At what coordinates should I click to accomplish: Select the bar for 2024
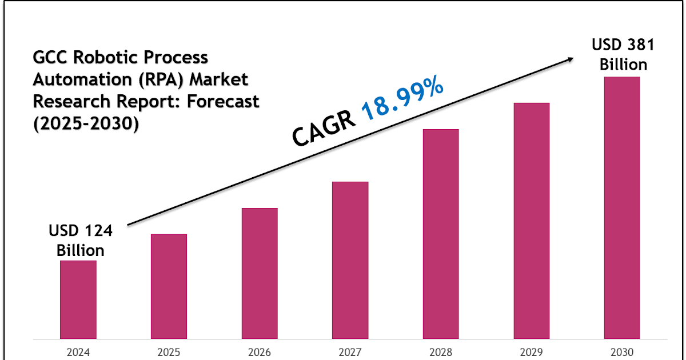(78, 299)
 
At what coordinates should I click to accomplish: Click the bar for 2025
(169, 286)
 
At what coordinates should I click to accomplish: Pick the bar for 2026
(260, 273)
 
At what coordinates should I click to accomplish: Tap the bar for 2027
(350, 260)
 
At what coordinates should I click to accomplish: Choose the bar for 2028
(441, 234)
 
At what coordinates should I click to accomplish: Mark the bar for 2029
(531, 221)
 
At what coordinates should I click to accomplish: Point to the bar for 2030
(622, 207)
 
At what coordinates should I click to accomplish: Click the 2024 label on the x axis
(78, 352)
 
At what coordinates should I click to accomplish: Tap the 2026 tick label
(260, 352)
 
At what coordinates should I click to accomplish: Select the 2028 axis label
(441, 352)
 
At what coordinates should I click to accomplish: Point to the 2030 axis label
(622, 352)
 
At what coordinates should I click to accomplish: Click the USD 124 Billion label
(77, 241)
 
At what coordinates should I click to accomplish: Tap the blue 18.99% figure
(404, 99)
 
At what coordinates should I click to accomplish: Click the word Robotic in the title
(109, 58)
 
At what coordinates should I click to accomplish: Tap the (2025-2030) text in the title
(86, 123)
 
